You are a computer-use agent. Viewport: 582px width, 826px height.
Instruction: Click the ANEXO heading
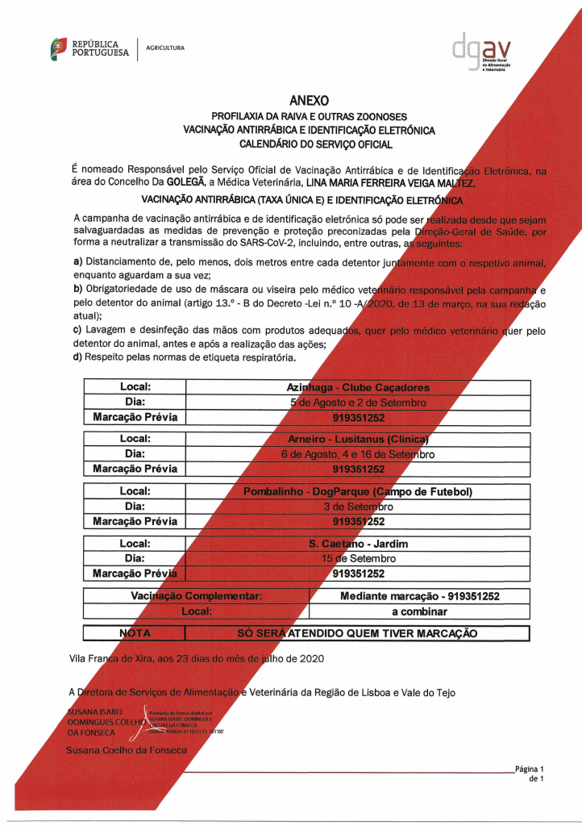tap(310, 101)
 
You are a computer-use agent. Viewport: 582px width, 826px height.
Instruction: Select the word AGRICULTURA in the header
tap(165, 48)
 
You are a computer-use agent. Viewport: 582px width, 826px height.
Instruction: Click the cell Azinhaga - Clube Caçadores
tap(358, 387)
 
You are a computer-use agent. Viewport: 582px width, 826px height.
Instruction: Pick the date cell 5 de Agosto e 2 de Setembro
tap(358, 403)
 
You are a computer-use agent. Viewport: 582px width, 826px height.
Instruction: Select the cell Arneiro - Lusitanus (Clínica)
tap(358, 440)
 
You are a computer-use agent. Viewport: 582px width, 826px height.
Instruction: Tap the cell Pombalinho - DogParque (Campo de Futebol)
tap(358, 491)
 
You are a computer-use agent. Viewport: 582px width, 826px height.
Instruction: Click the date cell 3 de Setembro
tap(358, 507)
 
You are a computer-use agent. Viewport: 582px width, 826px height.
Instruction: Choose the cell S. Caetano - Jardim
tap(358, 544)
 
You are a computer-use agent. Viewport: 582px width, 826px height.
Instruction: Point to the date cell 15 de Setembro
tap(358, 558)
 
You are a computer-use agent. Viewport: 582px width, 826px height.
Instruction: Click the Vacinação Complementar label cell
tap(197, 596)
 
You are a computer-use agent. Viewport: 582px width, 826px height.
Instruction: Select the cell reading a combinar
tap(419, 611)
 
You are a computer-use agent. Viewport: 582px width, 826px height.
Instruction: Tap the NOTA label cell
tap(135, 633)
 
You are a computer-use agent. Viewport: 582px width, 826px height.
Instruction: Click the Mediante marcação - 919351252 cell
tap(419, 596)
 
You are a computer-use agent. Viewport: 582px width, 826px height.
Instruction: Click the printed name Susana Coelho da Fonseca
tap(126, 750)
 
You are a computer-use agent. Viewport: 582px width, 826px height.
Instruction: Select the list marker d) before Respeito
tap(77, 357)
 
